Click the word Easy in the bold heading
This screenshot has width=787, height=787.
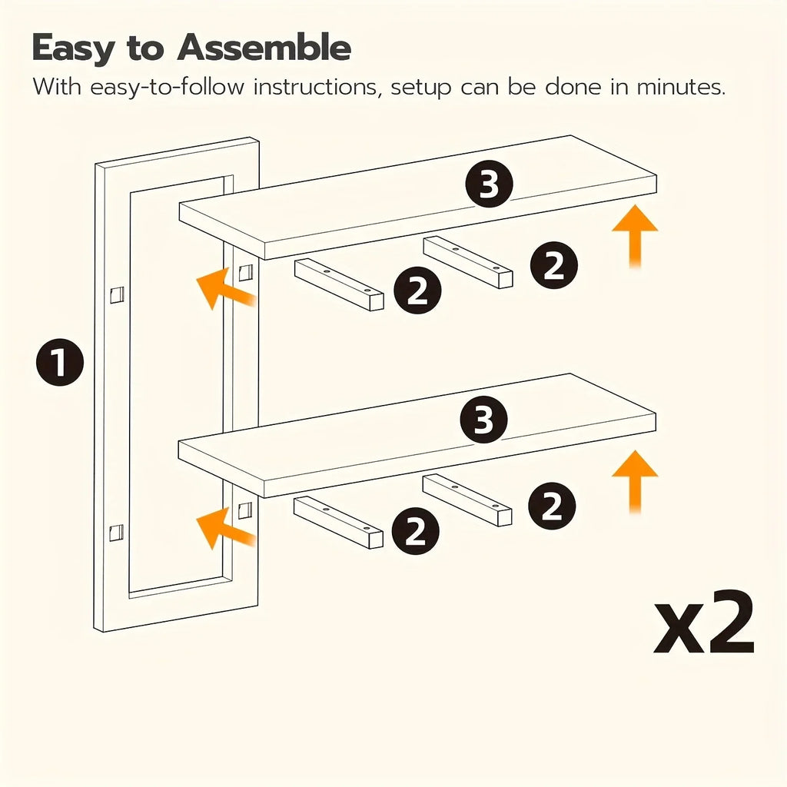(x=73, y=49)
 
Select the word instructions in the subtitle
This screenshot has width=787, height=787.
(x=314, y=87)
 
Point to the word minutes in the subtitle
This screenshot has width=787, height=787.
(x=681, y=87)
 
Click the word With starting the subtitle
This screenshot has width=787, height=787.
(x=57, y=87)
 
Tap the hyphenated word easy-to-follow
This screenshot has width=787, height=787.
(x=167, y=88)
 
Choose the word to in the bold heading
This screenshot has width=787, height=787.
(x=145, y=48)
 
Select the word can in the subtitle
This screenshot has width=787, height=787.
(x=480, y=88)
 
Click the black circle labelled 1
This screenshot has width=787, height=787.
(x=60, y=362)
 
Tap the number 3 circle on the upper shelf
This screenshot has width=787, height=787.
(x=489, y=184)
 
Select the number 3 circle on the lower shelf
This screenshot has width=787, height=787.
(x=483, y=420)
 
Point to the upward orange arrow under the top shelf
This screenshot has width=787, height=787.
(x=635, y=236)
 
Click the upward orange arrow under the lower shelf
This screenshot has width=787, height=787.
(x=635, y=481)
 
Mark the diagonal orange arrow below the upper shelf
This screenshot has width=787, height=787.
(x=225, y=287)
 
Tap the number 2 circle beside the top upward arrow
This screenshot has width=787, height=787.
(x=553, y=265)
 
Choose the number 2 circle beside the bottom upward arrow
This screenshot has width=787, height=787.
(x=552, y=506)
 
